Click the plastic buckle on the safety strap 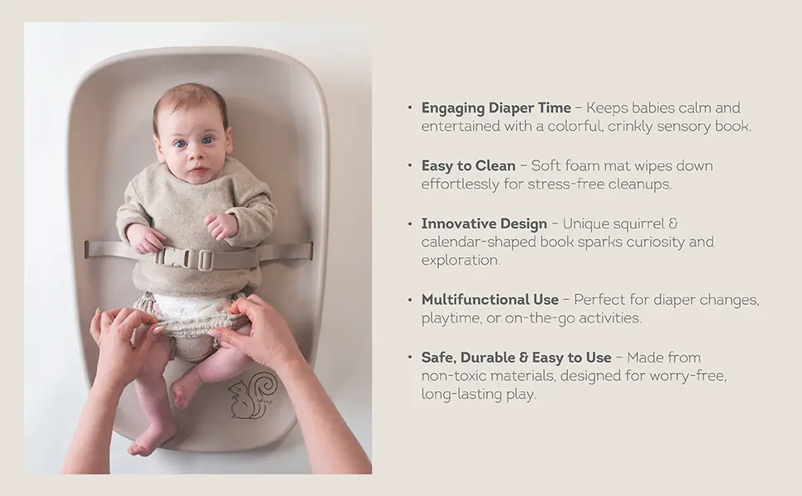(193, 258)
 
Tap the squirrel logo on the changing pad (252, 396)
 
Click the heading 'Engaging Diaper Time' (496, 108)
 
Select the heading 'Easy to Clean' (468, 166)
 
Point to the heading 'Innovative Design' (484, 224)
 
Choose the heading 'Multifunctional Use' (490, 299)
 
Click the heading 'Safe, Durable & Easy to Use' (516, 358)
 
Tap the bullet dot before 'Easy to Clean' (409, 166)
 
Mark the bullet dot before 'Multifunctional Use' (409, 299)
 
